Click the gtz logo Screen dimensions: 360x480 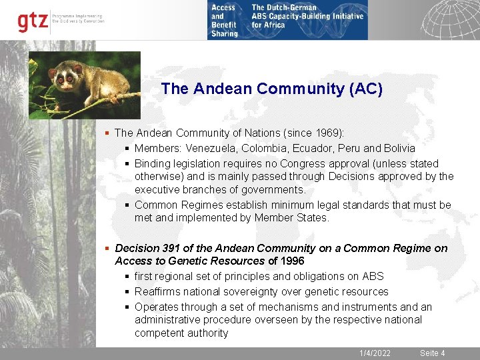[x=33, y=21]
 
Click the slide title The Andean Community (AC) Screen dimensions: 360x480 [x=272, y=89]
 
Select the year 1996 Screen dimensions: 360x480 [x=292, y=261]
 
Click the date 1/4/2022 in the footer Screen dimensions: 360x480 [x=375, y=353]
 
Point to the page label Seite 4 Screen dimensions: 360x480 [x=432, y=353]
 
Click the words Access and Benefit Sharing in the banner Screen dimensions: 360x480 [x=224, y=21]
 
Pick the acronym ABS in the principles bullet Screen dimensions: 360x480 [x=373, y=276]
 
